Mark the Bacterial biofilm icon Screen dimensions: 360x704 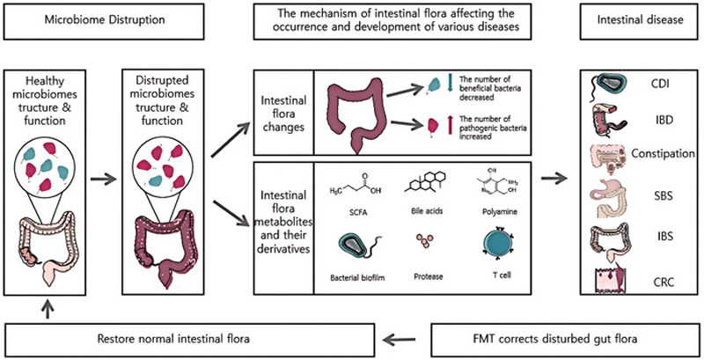coord(358,247)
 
